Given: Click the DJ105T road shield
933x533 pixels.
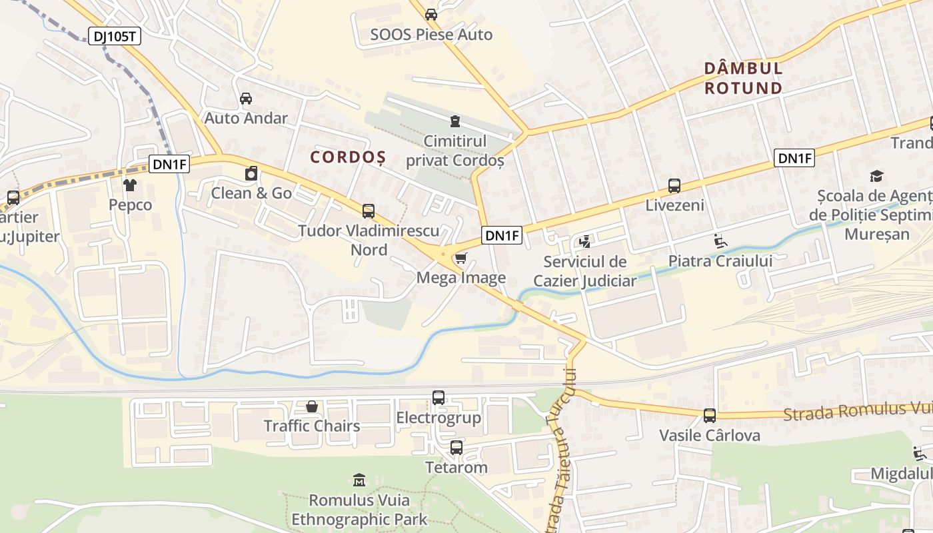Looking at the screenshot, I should click(115, 36).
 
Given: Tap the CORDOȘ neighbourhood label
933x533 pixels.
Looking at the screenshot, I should click(348, 157).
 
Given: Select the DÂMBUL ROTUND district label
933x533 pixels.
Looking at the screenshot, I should click(743, 78).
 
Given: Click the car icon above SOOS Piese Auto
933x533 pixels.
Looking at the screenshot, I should click(431, 14).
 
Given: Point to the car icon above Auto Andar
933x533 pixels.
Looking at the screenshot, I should click(246, 99).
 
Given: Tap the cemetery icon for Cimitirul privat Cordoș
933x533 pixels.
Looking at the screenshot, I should click(455, 121).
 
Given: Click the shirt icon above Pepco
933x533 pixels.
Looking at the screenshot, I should click(130, 185).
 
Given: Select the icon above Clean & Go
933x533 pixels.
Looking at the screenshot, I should click(251, 174).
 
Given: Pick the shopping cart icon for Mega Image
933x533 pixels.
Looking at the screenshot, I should click(461, 258).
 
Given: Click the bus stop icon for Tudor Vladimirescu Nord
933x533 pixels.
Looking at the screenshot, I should click(369, 211).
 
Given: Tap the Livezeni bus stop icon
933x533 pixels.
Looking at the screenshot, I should click(674, 186).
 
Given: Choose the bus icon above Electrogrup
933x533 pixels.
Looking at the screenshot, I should click(439, 398).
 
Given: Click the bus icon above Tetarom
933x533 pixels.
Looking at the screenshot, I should click(457, 448).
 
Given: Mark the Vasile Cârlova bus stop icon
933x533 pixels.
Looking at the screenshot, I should click(710, 416).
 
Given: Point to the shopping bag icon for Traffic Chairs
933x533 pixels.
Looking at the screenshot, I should click(311, 406).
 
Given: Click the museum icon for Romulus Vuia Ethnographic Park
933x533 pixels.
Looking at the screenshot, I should click(359, 480).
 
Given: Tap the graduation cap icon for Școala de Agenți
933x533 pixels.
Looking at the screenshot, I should click(876, 176).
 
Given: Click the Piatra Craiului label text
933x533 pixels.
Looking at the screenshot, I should click(720, 261).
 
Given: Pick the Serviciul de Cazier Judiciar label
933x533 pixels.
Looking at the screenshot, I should click(585, 271).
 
